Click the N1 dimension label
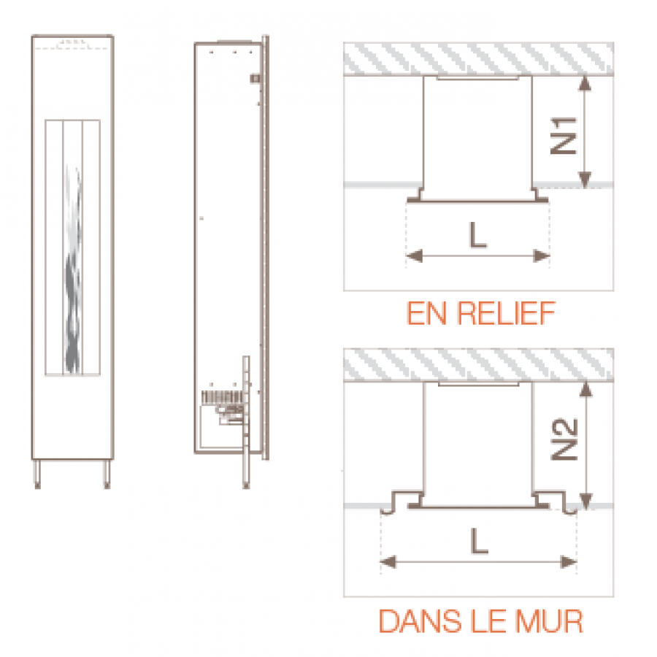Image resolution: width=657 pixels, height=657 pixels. click(563, 135)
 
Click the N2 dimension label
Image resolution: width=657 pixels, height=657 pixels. click(564, 439)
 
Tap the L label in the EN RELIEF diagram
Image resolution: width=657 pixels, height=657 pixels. click(478, 235)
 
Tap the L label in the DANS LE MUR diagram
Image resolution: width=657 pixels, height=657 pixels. click(480, 541)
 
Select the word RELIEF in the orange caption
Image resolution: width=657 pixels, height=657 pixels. click(506, 313)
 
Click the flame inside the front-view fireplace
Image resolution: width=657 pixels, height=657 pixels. click(72, 268)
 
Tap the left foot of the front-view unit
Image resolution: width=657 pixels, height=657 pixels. click(37, 474)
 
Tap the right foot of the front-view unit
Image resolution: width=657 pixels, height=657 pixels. click(107, 474)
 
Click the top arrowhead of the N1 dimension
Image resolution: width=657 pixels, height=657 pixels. click(585, 83)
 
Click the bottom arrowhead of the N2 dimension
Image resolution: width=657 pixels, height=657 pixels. click(585, 501)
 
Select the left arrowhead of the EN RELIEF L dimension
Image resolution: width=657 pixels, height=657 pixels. click(415, 255)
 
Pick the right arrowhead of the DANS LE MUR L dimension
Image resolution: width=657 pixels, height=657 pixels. click(569, 561)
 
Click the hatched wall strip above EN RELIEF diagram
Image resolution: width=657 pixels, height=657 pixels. click(478, 58)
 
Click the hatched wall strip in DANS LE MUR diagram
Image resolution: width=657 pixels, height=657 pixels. click(478, 365)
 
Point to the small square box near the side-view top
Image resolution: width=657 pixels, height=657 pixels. click(255, 78)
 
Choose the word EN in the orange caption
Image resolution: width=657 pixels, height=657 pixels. click(426, 313)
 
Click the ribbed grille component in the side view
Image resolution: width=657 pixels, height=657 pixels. click(222, 397)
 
